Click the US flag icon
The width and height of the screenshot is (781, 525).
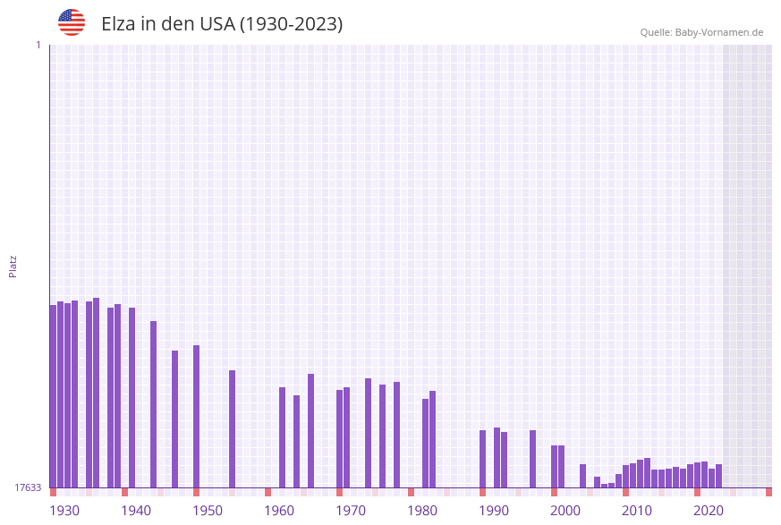pos(72,22)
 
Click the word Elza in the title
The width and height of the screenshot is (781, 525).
pos(118,24)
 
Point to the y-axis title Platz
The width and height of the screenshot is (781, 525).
pos(13,266)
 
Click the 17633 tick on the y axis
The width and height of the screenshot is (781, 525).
pos(28,487)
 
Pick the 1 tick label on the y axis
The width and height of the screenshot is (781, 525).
pos(38,45)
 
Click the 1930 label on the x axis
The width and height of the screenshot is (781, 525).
pos(64,511)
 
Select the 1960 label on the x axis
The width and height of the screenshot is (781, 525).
pos(279,511)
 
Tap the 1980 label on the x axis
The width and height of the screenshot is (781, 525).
pos(422,511)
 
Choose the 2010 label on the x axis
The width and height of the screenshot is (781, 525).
pos(637,511)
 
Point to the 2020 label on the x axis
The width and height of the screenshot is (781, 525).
pos(709,511)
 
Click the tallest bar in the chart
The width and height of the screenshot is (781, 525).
pos(96,394)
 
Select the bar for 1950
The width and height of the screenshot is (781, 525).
pos(196,416)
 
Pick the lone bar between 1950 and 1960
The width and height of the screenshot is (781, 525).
pos(232,429)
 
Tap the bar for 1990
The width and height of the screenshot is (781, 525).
pos(482,459)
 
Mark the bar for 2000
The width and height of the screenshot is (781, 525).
pos(554,466)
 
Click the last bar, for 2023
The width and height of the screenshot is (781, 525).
pos(718,476)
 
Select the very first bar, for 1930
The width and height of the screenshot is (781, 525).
pos(53,396)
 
